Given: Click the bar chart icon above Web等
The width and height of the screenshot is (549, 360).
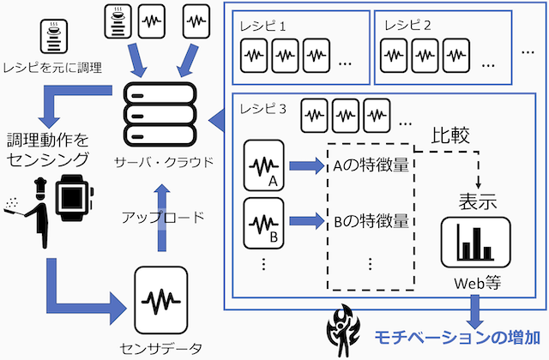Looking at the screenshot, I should [474, 243].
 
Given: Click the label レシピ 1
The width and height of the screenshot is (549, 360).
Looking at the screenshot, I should [262, 25].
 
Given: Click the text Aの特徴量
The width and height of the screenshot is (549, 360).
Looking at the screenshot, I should [368, 166].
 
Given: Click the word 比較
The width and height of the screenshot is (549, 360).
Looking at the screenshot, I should [449, 136].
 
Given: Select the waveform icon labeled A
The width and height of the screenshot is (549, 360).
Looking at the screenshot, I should [263, 165].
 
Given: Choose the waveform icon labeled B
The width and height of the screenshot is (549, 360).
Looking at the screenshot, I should [263, 221].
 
